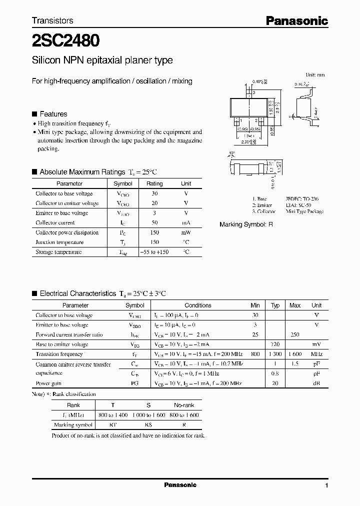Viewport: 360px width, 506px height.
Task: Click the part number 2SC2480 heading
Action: pos(66,39)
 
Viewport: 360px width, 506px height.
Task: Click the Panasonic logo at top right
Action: pos(296,20)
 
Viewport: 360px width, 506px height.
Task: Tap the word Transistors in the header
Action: pos(52,20)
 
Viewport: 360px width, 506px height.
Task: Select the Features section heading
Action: pos(53,114)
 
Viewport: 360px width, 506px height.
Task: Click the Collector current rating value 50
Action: pos(154,223)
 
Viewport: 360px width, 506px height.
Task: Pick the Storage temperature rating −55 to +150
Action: pos(154,252)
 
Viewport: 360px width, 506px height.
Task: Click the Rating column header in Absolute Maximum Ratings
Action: pos(154,184)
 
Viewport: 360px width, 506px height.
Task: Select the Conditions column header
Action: pos(198,305)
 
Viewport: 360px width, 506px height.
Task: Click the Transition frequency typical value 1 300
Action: pos(275,354)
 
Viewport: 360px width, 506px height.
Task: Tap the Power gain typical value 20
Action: pos(275,383)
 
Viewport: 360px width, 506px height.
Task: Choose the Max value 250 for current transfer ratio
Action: pos(295,334)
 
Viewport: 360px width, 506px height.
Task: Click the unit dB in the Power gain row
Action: pos(316,383)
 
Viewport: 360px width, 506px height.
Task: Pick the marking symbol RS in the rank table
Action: pos(148,425)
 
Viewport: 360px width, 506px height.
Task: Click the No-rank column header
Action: pos(184,405)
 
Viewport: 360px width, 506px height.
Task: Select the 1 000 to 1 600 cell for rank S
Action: pos(148,415)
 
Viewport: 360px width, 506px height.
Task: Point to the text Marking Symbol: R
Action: pos(246,225)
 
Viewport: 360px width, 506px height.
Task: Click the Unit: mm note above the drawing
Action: pos(315,74)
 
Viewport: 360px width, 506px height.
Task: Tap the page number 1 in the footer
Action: pos(326,485)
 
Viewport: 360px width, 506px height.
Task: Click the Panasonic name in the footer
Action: pos(180,485)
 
